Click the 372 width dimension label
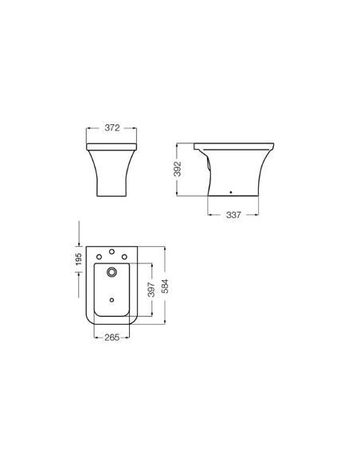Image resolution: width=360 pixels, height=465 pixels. click(112, 128)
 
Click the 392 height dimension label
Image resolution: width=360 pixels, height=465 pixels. click(178, 169)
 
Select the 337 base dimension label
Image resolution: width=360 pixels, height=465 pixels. click(233, 215)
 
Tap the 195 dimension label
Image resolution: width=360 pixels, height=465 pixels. click(79, 260)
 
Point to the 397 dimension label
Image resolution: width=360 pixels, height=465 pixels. click(151, 290)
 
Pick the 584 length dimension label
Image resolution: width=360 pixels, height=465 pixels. click(165, 286)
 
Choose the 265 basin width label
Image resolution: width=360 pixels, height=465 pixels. click(112, 337)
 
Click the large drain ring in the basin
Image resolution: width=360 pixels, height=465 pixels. click(112, 272)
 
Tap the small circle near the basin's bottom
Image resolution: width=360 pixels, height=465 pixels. click(112, 300)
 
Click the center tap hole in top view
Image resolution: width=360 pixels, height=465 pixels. click(112, 252)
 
